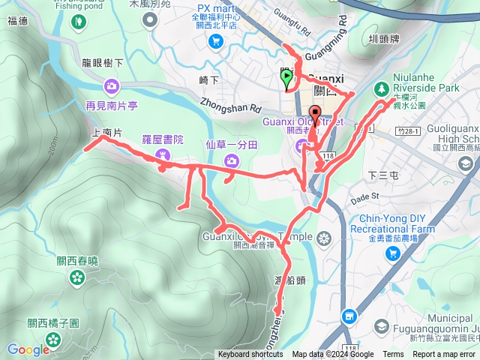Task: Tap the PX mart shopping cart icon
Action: click(x=215, y=40)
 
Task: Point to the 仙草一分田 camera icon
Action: click(x=232, y=159)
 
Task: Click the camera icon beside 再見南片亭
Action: click(x=112, y=85)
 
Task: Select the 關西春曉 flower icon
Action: click(x=77, y=278)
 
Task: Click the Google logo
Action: click(x=29, y=349)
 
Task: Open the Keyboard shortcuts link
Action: click(x=251, y=355)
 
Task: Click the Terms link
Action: click(x=393, y=355)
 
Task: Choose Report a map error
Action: click(x=445, y=355)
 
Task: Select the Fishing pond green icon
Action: click(x=78, y=21)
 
